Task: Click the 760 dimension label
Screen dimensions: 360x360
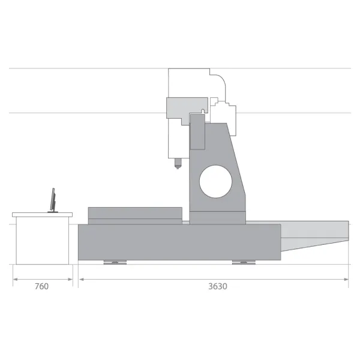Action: point(41,286)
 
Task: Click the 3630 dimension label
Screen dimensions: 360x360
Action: point(218,286)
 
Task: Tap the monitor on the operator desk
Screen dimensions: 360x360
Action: point(53,200)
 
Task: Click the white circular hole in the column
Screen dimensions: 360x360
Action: point(215,181)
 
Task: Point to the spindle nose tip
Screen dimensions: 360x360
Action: point(177,168)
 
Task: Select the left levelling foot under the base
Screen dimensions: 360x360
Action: point(115,262)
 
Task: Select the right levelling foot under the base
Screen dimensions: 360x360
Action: point(244,262)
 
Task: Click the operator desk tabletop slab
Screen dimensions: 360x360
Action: point(42,215)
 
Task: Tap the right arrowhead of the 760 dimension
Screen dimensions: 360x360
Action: point(70,280)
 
